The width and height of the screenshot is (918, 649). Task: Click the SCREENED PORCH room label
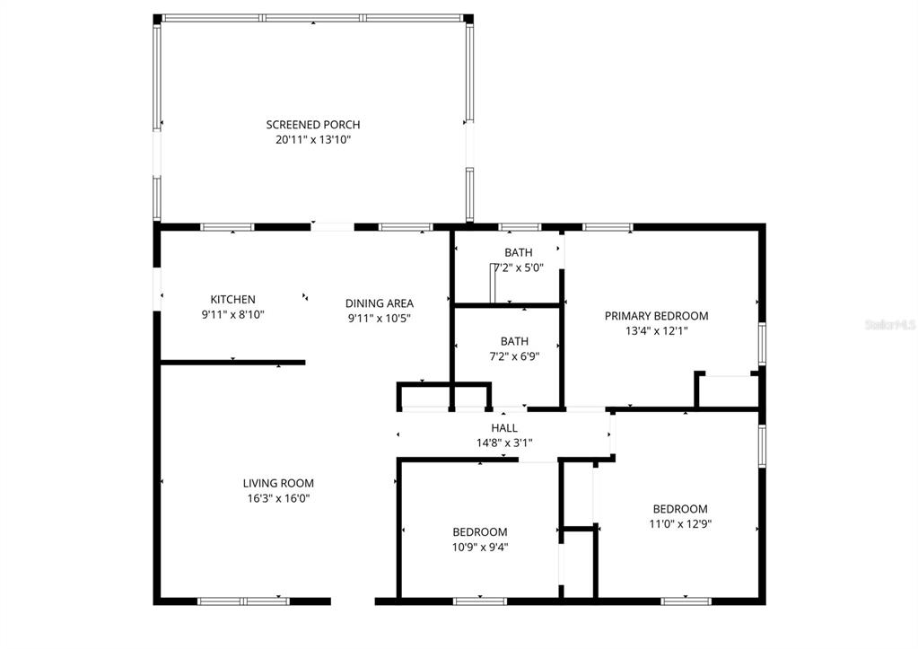(312, 125)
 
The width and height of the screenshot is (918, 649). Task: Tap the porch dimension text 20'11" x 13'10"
(312, 140)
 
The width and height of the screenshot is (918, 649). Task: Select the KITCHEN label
(232, 300)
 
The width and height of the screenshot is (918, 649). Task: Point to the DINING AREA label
(380, 303)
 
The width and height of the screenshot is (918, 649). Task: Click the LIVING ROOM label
(278, 483)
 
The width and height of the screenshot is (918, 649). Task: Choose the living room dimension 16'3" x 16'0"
(278, 498)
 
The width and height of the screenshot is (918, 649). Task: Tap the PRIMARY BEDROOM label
(656, 316)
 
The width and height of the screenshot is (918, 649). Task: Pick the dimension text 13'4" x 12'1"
(656, 331)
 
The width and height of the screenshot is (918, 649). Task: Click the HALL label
(503, 428)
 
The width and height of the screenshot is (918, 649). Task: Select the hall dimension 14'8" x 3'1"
(503, 443)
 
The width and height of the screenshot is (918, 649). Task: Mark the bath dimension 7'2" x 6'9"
(514, 355)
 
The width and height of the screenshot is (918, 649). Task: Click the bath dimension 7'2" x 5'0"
(518, 267)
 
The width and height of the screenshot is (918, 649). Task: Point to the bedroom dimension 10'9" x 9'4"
(479, 547)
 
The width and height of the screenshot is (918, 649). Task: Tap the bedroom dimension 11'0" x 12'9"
(679, 523)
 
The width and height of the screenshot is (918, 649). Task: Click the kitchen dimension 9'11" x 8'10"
(232, 314)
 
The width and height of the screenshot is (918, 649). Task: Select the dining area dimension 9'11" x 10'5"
(380, 318)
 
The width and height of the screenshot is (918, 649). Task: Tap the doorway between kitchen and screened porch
(333, 227)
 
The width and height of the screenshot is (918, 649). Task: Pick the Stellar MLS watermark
(889, 324)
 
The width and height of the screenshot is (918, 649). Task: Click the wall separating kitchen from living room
(232, 363)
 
